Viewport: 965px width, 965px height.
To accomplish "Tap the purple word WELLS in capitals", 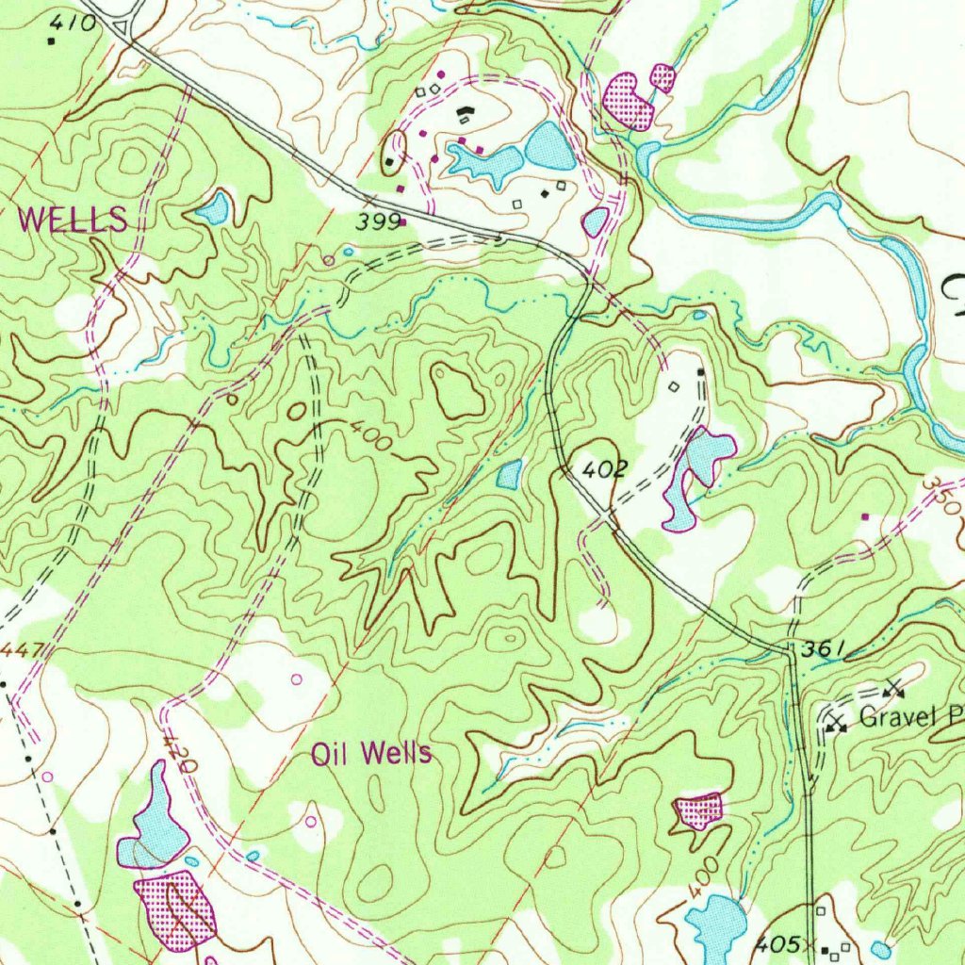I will pyautogui.click(x=73, y=221).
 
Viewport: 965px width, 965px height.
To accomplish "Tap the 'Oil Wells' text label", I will pyautogui.click(x=371, y=753).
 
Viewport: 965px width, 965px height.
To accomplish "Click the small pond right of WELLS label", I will pyautogui.click(x=213, y=208).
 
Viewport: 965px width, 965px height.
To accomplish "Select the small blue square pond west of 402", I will pyautogui.click(x=509, y=475).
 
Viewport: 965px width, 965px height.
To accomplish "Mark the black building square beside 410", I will pyautogui.click(x=54, y=41).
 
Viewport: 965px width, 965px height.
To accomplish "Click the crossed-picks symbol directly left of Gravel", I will pyautogui.click(x=835, y=724).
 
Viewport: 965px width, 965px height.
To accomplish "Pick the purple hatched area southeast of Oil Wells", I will pyautogui.click(x=698, y=810).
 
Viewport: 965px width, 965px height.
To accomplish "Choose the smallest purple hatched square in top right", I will pyautogui.click(x=662, y=76).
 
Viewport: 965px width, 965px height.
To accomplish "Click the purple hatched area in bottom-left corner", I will pyautogui.click(x=174, y=908).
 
